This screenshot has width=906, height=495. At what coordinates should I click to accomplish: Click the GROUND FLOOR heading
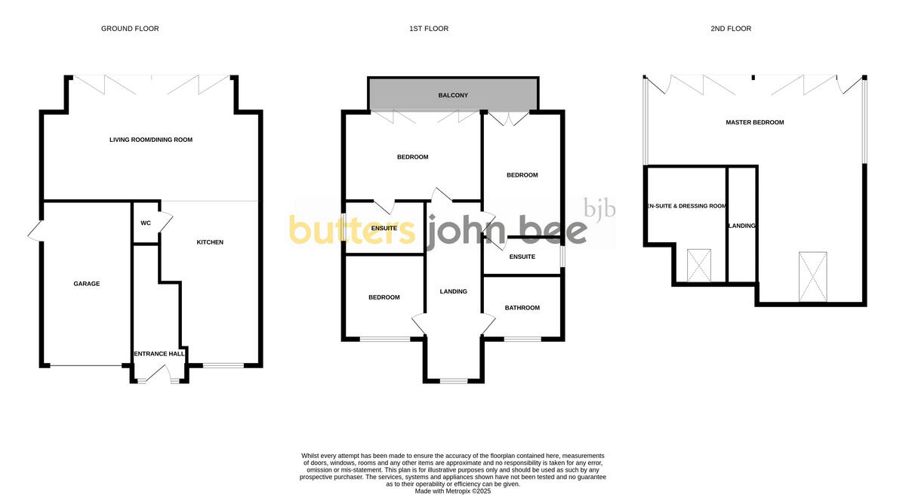130,29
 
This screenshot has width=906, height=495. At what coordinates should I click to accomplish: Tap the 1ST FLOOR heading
429,29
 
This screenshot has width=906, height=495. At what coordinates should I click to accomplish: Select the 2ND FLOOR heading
731,29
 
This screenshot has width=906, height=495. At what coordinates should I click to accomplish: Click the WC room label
146,223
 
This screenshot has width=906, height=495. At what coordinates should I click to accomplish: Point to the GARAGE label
87,284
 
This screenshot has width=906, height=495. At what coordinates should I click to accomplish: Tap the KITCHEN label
210,242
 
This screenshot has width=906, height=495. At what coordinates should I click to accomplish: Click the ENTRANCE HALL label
159,354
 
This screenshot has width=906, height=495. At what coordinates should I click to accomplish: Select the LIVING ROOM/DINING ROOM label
151,140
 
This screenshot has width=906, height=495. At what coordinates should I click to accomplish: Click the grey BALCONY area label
453,96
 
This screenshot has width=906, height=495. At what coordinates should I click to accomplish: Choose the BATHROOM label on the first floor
522,308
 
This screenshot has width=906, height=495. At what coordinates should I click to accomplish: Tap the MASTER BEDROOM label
754,122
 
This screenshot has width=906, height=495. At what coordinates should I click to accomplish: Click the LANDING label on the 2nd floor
741,226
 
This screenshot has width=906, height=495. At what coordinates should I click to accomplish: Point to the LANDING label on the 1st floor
453,291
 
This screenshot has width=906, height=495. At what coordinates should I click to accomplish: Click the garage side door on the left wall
35,231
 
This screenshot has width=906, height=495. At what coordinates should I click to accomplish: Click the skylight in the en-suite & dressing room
699,266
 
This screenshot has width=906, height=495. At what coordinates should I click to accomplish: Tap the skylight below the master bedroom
812,277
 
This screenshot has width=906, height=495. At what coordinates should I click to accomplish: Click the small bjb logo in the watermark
600,208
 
